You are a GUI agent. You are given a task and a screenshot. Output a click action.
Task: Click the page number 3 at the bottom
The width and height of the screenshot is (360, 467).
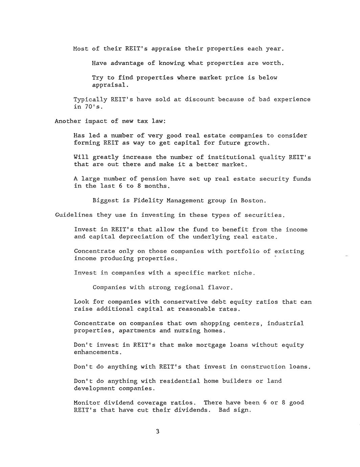coord(157,431)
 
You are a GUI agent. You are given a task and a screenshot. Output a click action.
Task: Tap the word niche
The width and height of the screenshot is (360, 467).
coord(244,273)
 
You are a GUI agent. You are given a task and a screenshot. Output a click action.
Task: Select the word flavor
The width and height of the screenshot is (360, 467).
coord(221,287)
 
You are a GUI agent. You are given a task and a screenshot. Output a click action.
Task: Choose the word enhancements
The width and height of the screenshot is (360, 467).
coord(97,352)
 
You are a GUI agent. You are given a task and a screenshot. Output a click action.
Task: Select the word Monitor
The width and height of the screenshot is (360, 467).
coord(87,403)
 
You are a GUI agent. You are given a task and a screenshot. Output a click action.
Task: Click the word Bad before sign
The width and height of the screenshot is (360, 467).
coord(224,410)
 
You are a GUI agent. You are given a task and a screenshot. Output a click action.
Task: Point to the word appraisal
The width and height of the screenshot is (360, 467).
coord(110,85)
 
